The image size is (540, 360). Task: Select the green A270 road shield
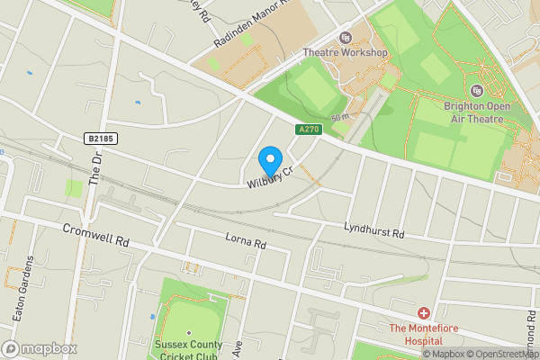tap(309, 130)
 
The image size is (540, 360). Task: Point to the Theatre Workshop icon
tap(345, 38)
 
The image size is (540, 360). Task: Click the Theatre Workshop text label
tap(345, 52)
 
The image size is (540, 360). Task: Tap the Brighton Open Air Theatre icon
tap(477, 90)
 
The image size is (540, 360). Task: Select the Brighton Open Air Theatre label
tap(477, 111)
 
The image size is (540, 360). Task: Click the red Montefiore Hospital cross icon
tap(423, 313)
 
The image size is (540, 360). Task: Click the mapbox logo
tap(38, 347)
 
